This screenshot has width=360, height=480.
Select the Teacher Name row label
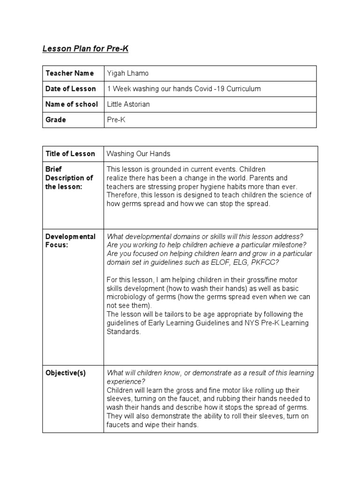[x=69, y=73]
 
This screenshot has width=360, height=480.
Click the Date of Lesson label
[x=70, y=89]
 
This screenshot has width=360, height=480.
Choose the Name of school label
[x=72, y=104]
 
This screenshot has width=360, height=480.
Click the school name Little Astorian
[x=128, y=104]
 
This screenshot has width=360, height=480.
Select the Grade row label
[x=55, y=120]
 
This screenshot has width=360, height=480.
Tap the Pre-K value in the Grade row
[x=116, y=120]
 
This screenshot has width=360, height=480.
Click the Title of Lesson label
[x=70, y=153]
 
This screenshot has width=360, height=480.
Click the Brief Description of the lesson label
[x=69, y=178]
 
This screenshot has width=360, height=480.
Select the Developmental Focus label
[x=70, y=240]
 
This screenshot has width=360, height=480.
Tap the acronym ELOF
[x=223, y=262]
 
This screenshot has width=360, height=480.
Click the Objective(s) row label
[x=66, y=373]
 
